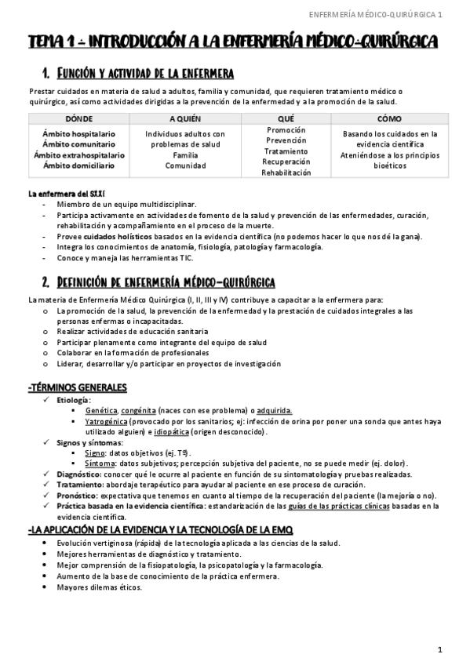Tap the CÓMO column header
[x=391, y=118]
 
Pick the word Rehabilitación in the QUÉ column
[x=286, y=171]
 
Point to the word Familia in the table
[x=185, y=154]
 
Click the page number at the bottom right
[x=440, y=649]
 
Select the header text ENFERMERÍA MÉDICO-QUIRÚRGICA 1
[x=377, y=14]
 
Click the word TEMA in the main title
[x=46, y=41]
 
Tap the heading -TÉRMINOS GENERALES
[x=78, y=387]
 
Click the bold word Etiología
[x=74, y=400]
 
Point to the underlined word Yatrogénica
[x=107, y=421]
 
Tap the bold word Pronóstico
[x=77, y=495]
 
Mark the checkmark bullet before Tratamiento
[x=46, y=485]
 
